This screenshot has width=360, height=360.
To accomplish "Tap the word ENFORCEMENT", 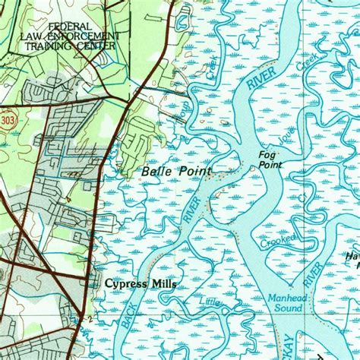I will [x=91, y=36].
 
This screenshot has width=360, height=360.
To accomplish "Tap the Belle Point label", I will [x=176, y=172].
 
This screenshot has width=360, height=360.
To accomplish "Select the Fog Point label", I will [x=270, y=159].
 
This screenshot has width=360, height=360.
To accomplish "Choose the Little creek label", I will [x=213, y=303].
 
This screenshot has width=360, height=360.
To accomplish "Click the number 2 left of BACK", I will [x=90, y=318].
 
